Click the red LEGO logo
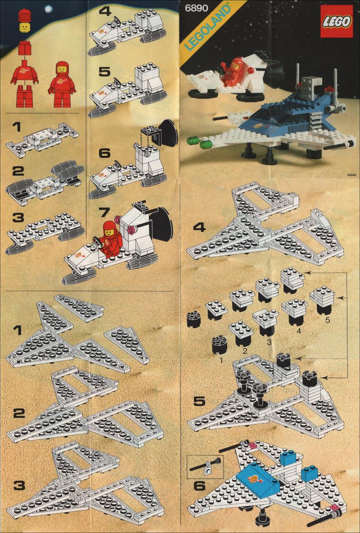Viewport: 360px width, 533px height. (336, 22)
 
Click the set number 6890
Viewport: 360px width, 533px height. (197, 8)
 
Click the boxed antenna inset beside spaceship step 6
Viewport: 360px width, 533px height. (205, 467)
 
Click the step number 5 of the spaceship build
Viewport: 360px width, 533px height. (199, 401)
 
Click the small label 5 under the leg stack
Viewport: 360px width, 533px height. (327, 320)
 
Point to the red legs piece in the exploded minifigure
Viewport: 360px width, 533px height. (24, 96)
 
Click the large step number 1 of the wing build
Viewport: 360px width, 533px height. (18, 330)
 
